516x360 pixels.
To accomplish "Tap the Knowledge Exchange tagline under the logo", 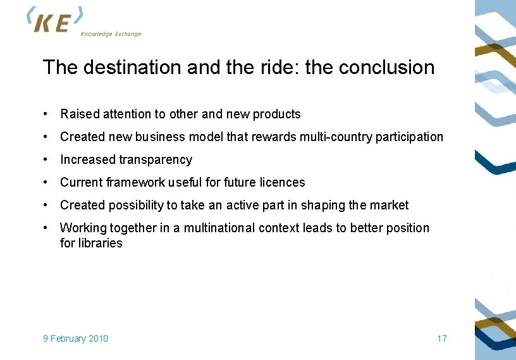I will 111,34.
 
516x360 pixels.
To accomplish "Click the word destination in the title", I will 130,67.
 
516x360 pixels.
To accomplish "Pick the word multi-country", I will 337,137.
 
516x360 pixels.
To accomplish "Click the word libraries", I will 100,244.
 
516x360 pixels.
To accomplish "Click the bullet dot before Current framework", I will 46,183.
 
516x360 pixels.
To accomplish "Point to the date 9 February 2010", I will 75,338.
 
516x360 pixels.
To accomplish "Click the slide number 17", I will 442,338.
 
